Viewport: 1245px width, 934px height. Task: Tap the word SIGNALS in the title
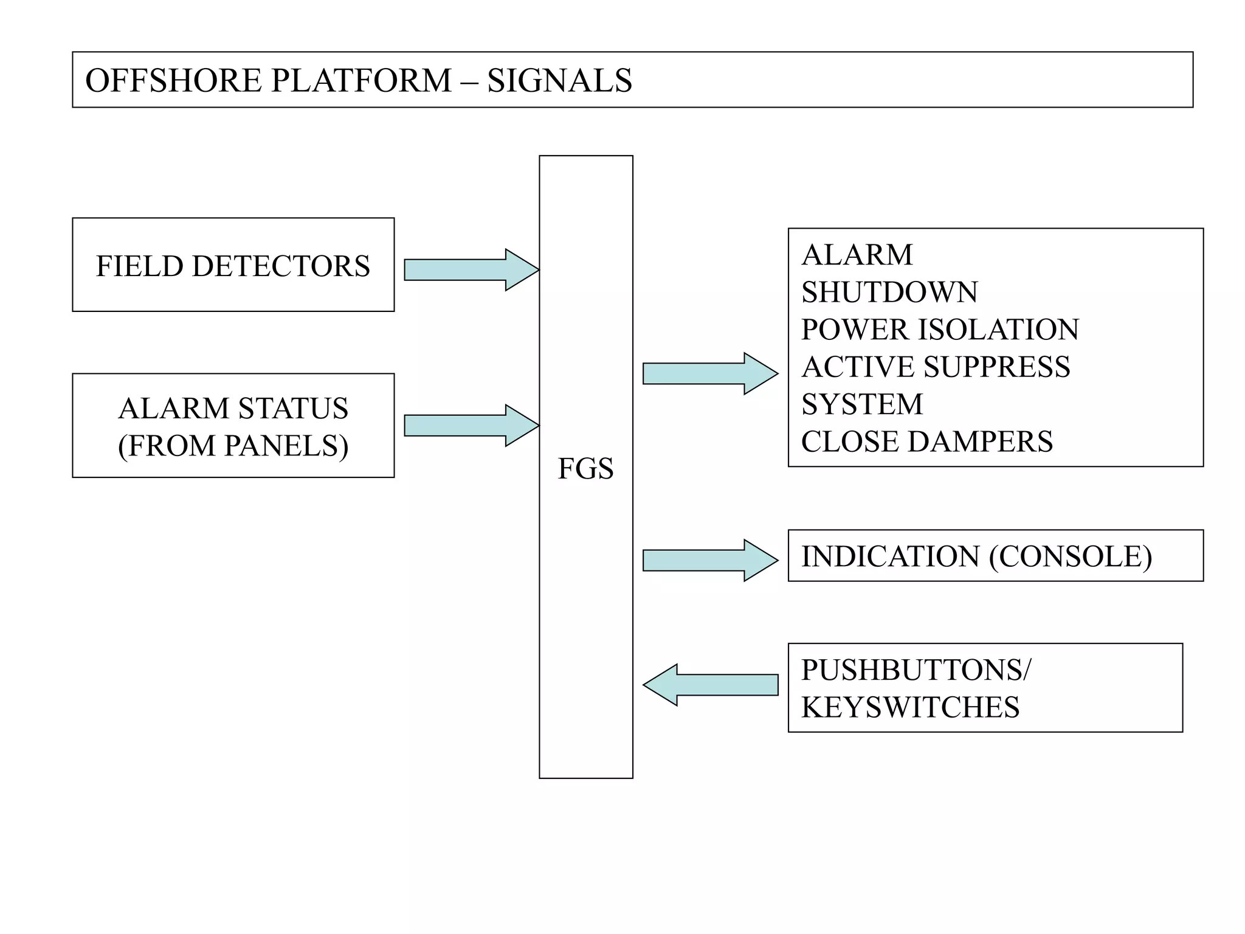pos(559,80)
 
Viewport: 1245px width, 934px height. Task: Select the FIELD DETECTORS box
pos(233,265)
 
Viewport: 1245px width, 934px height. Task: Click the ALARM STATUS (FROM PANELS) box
pos(233,426)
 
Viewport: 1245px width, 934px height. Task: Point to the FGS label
pos(585,468)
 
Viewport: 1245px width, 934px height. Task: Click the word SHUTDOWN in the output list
pos(889,292)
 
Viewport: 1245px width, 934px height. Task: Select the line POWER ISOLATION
pos(940,330)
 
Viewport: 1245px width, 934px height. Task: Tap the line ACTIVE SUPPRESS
pos(936,367)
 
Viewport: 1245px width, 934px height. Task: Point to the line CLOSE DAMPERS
pos(926,441)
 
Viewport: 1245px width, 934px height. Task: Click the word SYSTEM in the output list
pos(862,404)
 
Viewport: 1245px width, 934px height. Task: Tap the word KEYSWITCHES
pos(910,707)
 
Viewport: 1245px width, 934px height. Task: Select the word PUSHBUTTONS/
pos(916,669)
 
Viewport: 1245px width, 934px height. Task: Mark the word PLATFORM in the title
pos(361,80)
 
